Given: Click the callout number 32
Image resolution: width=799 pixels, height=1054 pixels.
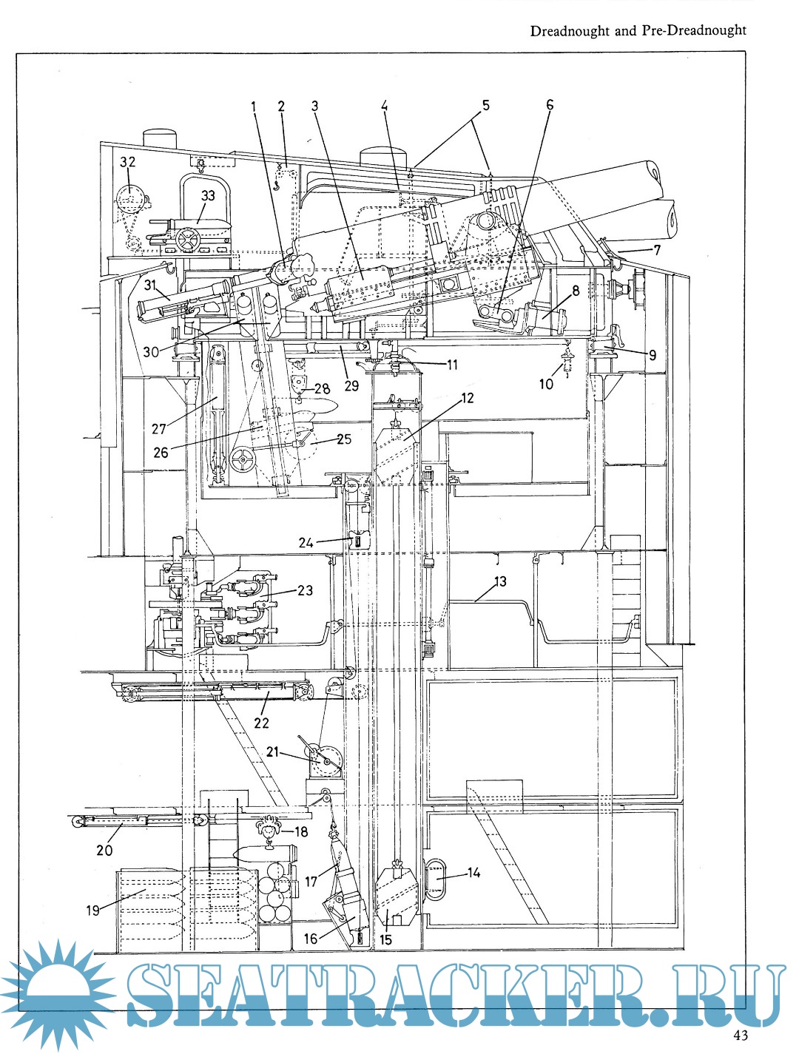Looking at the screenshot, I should [x=128, y=162].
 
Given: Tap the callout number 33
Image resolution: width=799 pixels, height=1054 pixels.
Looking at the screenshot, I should [x=208, y=196].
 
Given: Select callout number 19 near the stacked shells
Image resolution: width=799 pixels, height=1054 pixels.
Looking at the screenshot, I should [x=92, y=910].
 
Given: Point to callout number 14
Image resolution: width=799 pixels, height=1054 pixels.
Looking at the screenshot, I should [x=473, y=873].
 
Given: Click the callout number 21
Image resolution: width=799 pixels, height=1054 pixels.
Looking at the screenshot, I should [x=273, y=751].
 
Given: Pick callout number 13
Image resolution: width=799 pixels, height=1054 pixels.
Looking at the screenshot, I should [x=500, y=581].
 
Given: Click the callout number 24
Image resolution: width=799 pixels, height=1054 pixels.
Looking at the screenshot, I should [x=306, y=543].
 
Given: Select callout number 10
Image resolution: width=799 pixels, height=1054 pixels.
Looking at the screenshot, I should [x=546, y=384].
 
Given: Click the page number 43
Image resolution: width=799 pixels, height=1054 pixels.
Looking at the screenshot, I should [x=741, y=1035].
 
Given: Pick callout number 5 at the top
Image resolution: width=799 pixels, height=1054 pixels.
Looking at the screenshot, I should [x=486, y=105].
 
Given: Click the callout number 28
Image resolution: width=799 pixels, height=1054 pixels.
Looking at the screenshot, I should [x=321, y=389].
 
